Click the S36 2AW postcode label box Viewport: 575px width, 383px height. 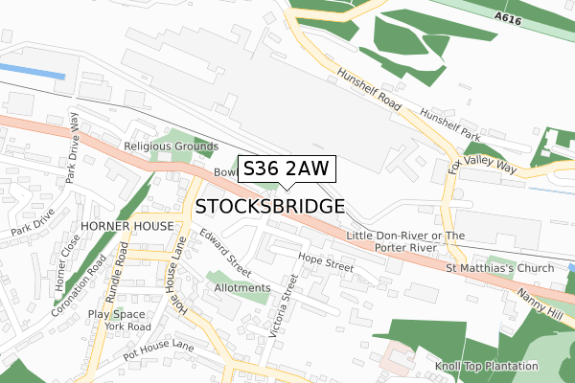[x=286, y=169]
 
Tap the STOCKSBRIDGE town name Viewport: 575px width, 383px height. [x=270, y=207]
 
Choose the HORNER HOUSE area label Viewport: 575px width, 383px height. [x=127, y=225]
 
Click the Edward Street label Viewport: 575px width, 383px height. [x=224, y=251]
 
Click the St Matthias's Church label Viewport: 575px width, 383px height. [x=499, y=268]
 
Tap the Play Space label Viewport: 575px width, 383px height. [x=117, y=313]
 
